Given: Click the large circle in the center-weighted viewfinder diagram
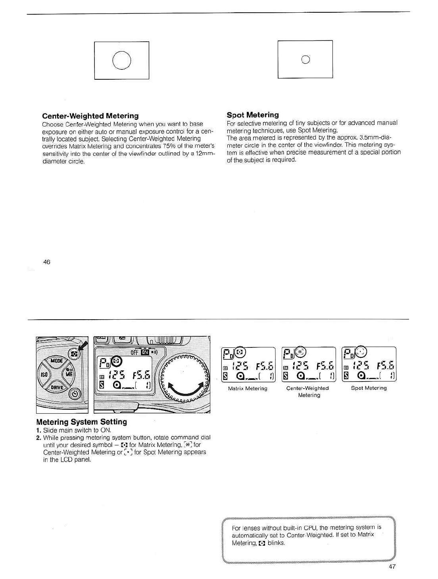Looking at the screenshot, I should (122, 61).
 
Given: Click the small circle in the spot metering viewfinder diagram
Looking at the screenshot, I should (305, 59).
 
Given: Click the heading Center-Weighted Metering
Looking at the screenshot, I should (90, 116).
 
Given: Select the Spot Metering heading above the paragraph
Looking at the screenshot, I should (253, 115).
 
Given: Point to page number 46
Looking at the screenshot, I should (47, 262).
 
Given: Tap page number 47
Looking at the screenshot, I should (392, 566).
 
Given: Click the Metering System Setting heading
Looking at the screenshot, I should (81, 422).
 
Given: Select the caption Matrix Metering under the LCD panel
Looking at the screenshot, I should (248, 389).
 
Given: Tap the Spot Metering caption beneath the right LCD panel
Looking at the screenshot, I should (369, 388).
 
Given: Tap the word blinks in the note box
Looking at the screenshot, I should (276, 543).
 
